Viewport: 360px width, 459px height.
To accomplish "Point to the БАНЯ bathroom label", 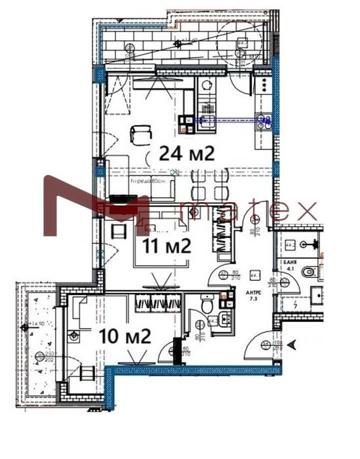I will point(291,261).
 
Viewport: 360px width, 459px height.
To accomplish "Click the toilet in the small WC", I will point(206,305).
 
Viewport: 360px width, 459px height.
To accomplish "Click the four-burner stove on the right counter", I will point(265,85).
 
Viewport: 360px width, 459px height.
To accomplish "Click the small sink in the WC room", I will point(225,321).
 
